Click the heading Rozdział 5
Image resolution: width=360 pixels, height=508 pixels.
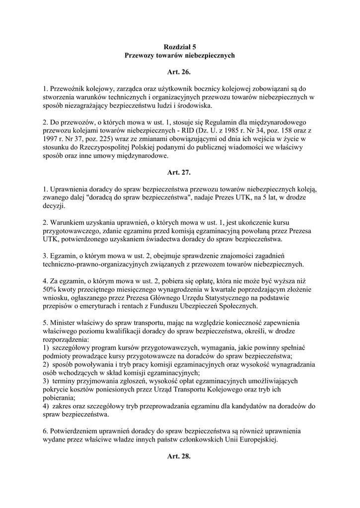[179, 47]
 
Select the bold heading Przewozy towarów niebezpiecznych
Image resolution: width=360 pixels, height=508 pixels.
[179, 56]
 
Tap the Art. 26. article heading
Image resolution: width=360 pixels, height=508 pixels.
[179, 72]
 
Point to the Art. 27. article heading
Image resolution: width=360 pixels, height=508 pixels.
[179, 173]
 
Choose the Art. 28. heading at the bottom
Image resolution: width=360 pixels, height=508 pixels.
[179, 456]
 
